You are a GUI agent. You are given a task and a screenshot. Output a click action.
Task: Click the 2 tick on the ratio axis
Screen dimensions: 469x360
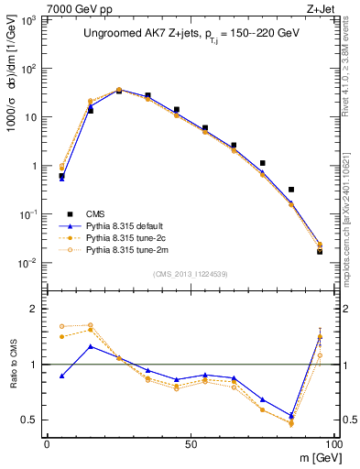[x=38, y=310]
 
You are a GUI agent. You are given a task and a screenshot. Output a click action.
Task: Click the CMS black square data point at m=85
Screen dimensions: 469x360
[x=291, y=190]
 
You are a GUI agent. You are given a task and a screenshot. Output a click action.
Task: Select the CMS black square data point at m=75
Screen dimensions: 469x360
[x=263, y=163]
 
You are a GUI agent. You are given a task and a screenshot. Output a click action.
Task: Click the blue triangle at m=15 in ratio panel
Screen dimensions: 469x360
[x=90, y=346]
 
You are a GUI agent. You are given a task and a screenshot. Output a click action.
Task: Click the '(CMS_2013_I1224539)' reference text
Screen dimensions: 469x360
[x=190, y=273]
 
